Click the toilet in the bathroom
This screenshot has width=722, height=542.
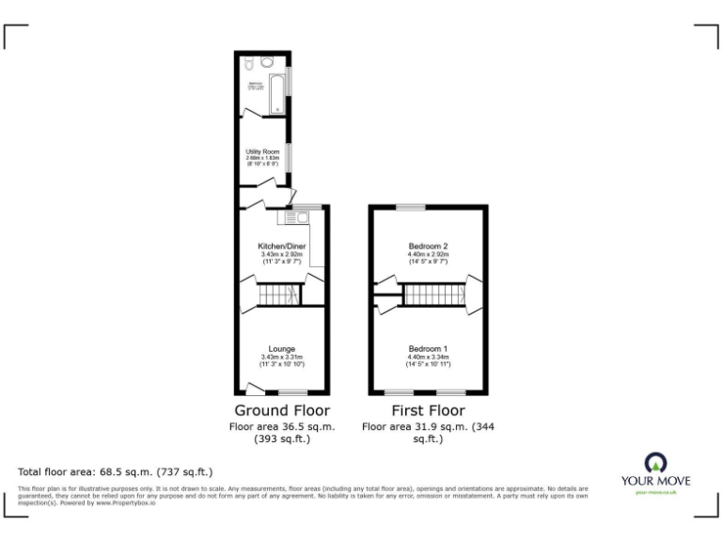(x=247, y=65)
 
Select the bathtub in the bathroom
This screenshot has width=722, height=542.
(x=278, y=95)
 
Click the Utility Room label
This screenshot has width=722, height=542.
(x=262, y=151)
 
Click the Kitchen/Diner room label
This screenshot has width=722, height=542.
(x=282, y=247)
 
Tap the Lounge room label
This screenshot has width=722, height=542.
(x=281, y=349)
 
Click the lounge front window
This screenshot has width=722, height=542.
(x=292, y=391)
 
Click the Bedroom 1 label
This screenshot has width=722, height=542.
(x=428, y=349)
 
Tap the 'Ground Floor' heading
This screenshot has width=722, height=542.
(x=281, y=411)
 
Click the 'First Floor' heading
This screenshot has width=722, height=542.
(x=428, y=411)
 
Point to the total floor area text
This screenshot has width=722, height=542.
(x=116, y=471)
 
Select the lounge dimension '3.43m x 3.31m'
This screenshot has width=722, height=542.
(x=281, y=357)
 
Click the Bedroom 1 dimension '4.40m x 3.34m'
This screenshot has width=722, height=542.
(x=428, y=357)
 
